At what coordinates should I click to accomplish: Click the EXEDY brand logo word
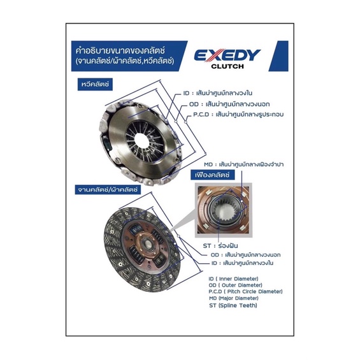(227, 55)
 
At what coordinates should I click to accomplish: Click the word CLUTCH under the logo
(227, 66)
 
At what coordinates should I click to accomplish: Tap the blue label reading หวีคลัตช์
(95, 84)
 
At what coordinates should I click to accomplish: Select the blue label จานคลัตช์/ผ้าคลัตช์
(108, 190)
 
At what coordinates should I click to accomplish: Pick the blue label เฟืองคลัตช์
(212, 175)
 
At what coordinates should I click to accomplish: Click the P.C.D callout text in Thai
(238, 114)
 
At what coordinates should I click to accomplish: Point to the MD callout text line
(243, 164)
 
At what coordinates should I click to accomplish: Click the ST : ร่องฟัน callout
(220, 246)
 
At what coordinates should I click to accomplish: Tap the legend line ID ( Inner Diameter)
(233, 278)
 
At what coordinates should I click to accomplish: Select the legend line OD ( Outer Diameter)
(235, 285)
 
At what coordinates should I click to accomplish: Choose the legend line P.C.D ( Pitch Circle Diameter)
(245, 292)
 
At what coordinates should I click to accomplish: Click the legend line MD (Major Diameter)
(234, 298)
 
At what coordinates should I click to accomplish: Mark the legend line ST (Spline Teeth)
(233, 305)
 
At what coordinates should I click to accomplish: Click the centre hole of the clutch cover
(141, 140)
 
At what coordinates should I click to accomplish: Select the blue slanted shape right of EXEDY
(278, 56)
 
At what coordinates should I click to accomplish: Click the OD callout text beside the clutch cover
(229, 104)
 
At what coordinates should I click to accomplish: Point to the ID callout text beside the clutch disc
(242, 263)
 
